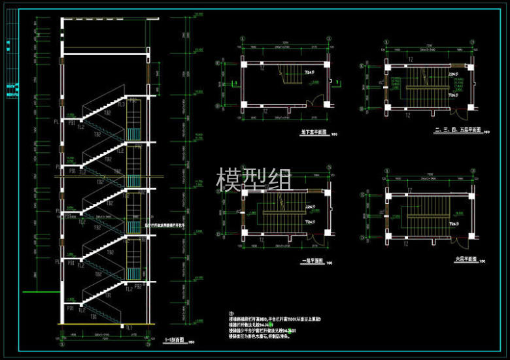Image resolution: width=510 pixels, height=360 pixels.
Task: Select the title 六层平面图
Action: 464,259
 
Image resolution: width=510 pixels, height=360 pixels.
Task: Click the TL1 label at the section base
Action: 129,327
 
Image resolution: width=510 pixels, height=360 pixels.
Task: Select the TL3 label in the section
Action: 121,104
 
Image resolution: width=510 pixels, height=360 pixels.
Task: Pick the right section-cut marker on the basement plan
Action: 338,82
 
